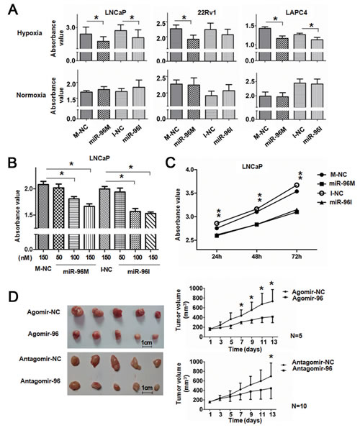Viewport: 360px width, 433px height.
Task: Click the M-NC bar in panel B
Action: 42,208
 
